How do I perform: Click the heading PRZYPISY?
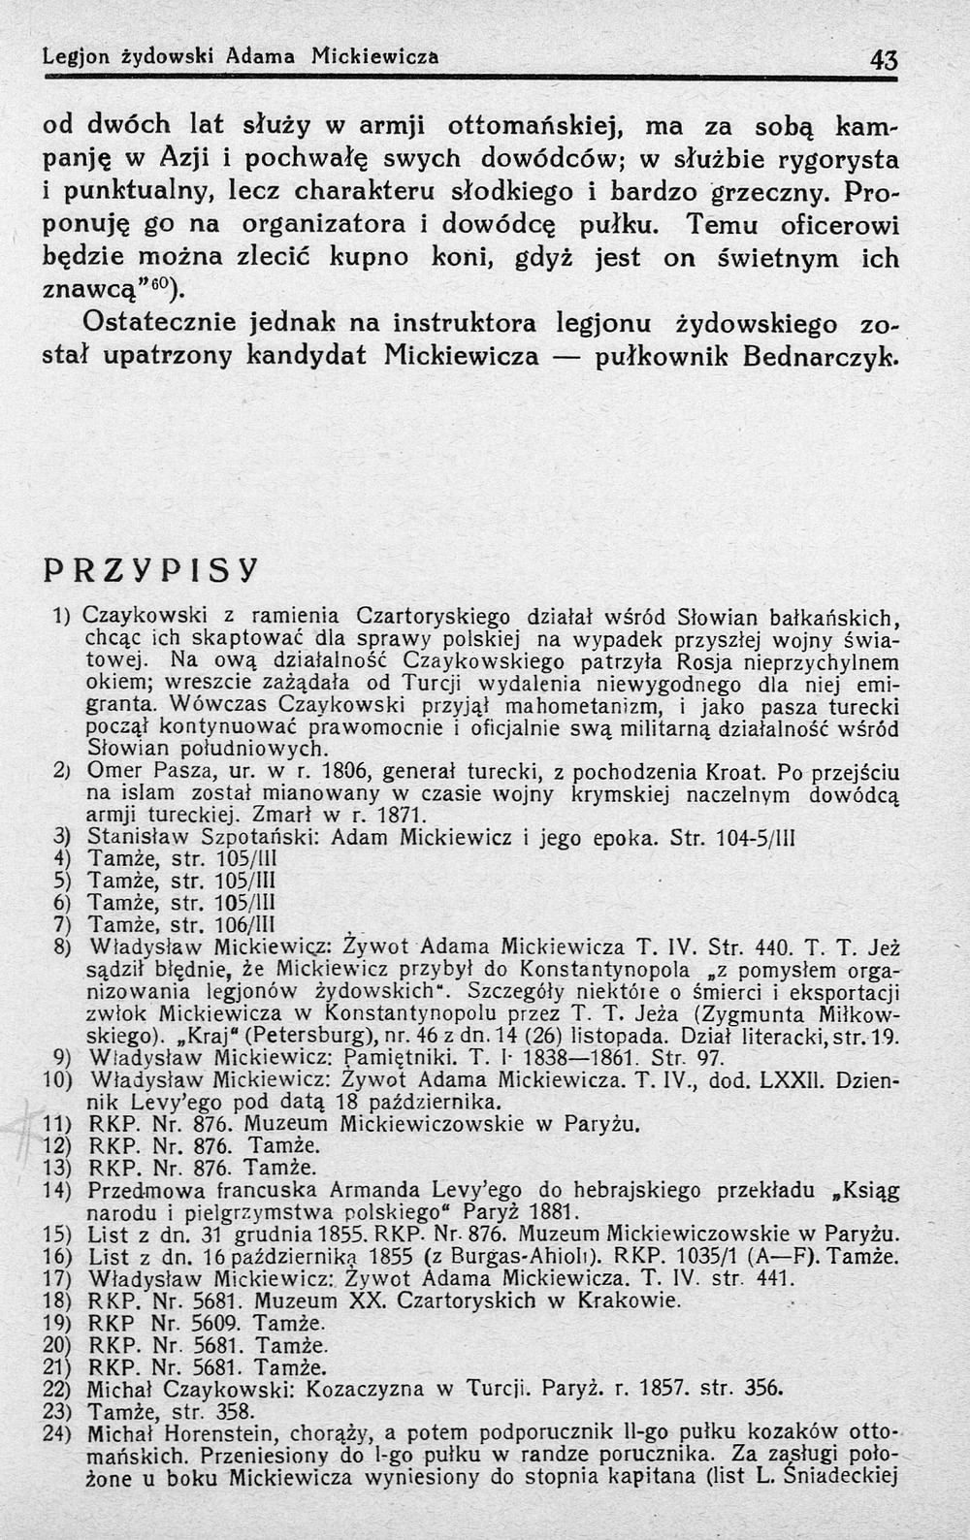pos(150,572)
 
